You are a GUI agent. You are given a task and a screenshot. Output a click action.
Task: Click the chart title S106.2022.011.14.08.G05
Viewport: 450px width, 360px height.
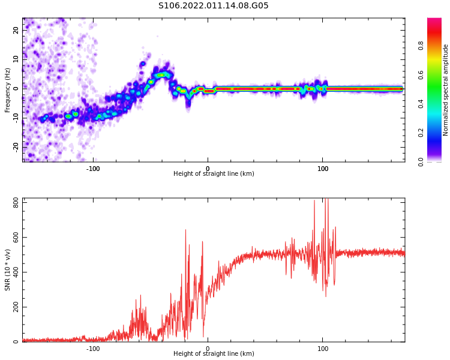214,6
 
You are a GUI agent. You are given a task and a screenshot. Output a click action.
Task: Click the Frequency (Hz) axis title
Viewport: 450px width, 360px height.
8,90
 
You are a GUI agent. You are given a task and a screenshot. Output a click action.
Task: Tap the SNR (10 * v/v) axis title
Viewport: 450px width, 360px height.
8,270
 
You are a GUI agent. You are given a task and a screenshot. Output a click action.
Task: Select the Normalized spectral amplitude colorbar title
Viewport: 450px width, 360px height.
446,90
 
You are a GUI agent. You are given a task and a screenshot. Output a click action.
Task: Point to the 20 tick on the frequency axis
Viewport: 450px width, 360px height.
16,30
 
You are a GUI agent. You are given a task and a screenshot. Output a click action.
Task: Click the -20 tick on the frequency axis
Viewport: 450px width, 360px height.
15,146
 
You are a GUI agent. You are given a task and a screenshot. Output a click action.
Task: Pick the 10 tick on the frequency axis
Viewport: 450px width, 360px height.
16,59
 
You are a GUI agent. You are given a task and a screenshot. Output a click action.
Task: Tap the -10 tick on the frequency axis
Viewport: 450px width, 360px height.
15,117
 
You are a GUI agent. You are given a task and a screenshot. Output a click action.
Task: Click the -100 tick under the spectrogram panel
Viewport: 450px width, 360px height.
93,169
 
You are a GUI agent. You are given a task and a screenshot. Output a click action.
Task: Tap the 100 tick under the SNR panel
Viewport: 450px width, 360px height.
323,349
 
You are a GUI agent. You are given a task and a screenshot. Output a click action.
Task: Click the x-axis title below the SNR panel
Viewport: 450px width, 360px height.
214,354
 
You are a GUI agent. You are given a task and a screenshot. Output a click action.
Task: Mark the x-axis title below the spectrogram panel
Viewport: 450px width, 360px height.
214,174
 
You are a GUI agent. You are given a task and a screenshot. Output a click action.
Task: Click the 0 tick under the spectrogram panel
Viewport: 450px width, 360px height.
208,169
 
